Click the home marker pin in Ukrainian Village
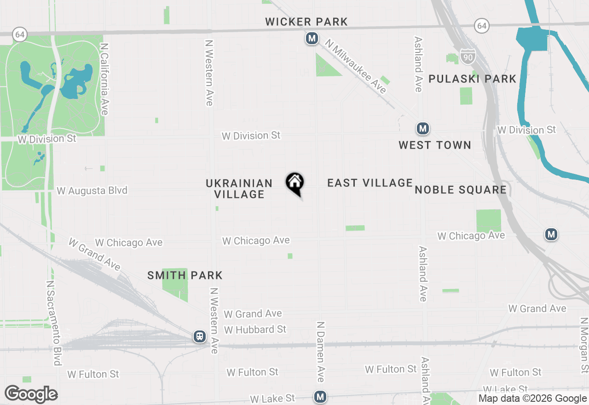[x=294, y=183]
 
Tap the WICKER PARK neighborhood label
[x=306, y=22]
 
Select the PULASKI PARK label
[x=473, y=79]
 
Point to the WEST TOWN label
[x=435, y=145]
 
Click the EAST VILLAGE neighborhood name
[x=370, y=183]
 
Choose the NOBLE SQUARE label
[x=461, y=190]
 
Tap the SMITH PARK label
[x=185, y=276]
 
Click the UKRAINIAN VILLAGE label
[x=239, y=189]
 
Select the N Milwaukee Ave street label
[x=356, y=66]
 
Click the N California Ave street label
[x=104, y=79]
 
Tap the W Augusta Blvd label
[x=92, y=191]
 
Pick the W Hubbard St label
[x=255, y=330]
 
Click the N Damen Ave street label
[x=320, y=351]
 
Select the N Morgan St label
[x=584, y=345]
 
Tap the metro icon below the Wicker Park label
[x=312, y=38]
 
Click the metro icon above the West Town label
[x=422, y=128]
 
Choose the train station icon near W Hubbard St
[x=200, y=336]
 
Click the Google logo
[x=31, y=394]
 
